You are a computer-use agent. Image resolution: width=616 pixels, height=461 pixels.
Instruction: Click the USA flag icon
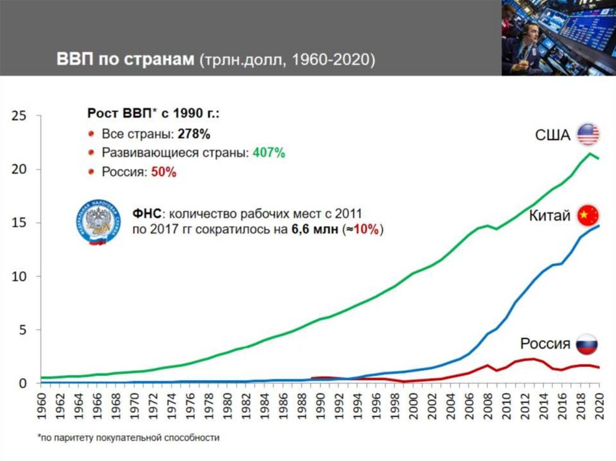[x=588, y=135]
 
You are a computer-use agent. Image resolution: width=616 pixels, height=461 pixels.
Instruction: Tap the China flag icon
[x=588, y=215]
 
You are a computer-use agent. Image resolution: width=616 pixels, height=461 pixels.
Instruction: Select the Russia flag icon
[x=587, y=344]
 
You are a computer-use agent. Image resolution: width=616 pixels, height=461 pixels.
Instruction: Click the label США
[x=552, y=135]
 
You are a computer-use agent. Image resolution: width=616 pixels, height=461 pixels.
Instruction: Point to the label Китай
[x=549, y=216]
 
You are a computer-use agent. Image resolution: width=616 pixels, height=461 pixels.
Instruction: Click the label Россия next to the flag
[x=545, y=344]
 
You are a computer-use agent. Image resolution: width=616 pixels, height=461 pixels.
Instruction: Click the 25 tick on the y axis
[x=19, y=115]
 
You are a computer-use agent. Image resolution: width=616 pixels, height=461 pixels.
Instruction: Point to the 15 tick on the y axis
[x=19, y=222]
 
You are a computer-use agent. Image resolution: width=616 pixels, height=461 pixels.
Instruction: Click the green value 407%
[x=269, y=153]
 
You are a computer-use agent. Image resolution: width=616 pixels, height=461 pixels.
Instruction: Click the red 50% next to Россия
[x=163, y=172]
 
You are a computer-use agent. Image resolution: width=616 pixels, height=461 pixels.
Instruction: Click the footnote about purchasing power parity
[x=128, y=438]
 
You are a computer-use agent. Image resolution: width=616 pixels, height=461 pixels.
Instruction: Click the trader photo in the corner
[x=558, y=37]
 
